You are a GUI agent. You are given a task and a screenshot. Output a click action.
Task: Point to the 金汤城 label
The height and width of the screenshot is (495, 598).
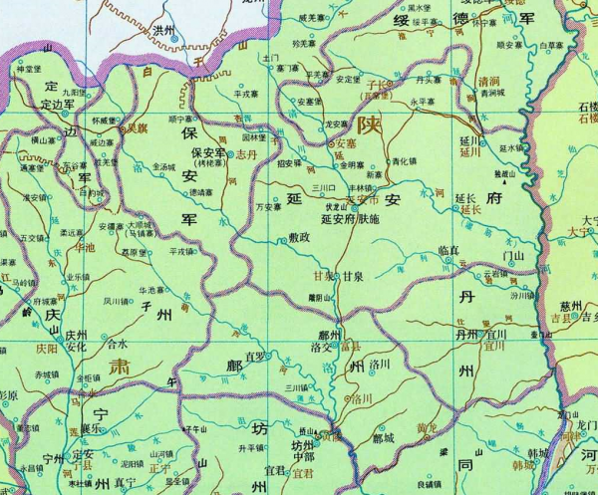coord(171,170)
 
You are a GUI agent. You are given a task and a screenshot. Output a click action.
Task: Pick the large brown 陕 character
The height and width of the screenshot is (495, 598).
coord(368,125)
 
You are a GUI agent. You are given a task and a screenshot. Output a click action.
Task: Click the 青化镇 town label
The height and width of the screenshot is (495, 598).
coord(403,159)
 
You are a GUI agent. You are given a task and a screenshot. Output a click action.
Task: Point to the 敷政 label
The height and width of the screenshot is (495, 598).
coord(300,238)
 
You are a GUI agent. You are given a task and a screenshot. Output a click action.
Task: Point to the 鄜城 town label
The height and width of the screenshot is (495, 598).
coord(383,437)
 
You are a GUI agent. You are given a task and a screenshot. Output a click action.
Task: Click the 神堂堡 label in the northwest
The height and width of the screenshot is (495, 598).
coord(30,69)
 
